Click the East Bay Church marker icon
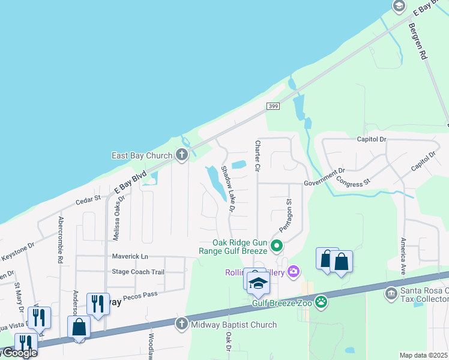[x=182, y=155]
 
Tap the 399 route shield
[x=273, y=106]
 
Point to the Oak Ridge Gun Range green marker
[x=276, y=245]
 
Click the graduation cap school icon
[x=258, y=283]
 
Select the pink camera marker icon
[x=293, y=272]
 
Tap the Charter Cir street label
[x=257, y=155]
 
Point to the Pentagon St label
[x=288, y=214]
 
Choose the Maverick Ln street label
[x=130, y=256]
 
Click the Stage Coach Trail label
[x=138, y=272]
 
